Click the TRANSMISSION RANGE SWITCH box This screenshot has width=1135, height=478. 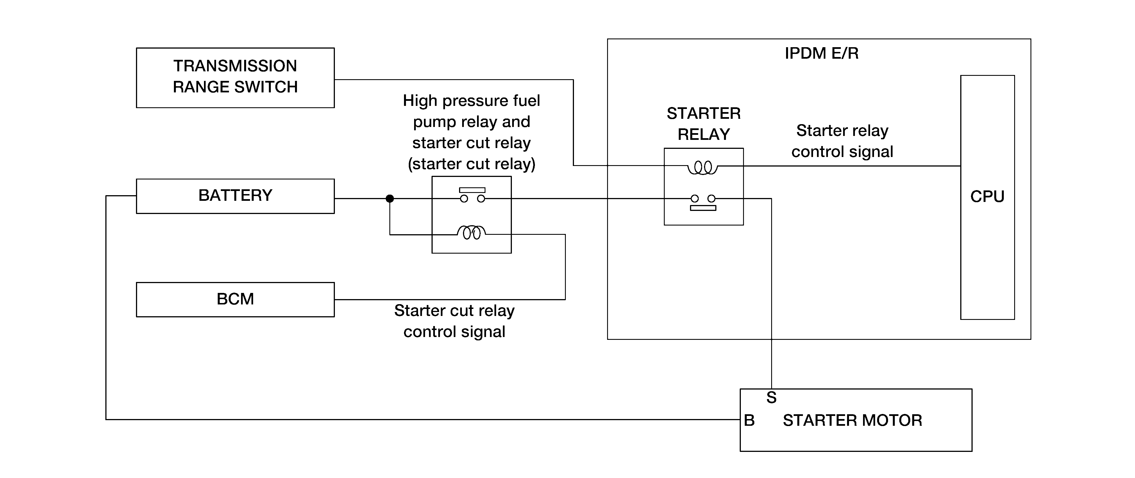click(x=235, y=78)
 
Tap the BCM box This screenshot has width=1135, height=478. click(x=235, y=299)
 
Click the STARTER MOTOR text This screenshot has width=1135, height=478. click(x=852, y=420)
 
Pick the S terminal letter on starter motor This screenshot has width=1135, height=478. click(x=771, y=397)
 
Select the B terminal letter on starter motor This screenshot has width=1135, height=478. click(x=749, y=420)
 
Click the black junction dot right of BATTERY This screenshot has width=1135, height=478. click(x=389, y=199)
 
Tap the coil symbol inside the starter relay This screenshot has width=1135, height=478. click(x=702, y=168)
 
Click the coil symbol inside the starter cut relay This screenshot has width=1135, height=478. click(x=471, y=232)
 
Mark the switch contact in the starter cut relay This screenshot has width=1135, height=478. click(x=472, y=195)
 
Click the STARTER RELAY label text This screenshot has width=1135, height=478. click(x=704, y=124)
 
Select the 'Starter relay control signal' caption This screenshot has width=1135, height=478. click(x=842, y=141)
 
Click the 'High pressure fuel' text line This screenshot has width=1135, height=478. click(x=471, y=101)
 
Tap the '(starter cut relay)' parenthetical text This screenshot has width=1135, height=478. click(x=471, y=164)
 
